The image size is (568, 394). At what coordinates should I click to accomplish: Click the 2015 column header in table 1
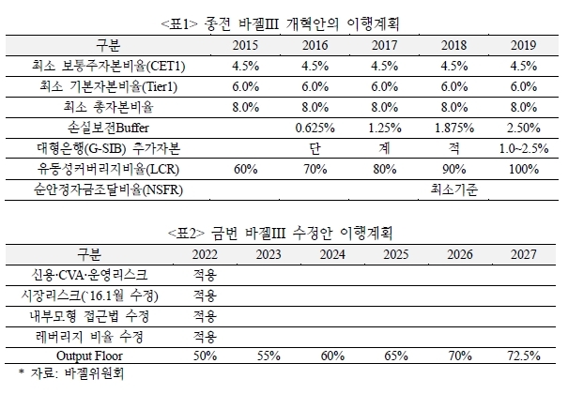(x=245, y=45)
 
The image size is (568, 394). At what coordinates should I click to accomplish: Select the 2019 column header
(x=524, y=45)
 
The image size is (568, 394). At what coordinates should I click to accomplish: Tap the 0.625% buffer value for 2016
(x=315, y=129)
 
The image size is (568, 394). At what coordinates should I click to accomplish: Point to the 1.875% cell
(x=454, y=129)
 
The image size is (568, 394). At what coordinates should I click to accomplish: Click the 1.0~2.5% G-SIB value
(x=524, y=149)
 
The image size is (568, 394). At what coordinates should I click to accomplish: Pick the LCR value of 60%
(x=245, y=169)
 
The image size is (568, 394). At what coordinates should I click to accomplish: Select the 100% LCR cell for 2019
(x=524, y=169)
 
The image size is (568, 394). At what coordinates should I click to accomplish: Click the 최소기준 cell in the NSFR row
(x=454, y=189)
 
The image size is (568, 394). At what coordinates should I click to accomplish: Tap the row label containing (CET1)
(x=108, y=67)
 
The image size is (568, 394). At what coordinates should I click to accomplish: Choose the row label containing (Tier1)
(x=108, y=87)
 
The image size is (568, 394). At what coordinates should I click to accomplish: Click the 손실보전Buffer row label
(x=108, y=128)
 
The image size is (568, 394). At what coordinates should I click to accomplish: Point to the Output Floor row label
(x=89, y=356)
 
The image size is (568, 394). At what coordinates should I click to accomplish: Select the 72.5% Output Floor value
(x=524, y=356)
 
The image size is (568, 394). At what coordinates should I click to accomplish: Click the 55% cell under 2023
(x=269, y=356)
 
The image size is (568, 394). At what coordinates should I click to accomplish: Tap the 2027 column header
(x=524, y=255)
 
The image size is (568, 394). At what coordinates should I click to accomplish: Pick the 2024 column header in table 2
(x=332, y=255)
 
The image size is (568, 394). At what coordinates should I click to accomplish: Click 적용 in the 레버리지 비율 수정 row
(x=205, y=337)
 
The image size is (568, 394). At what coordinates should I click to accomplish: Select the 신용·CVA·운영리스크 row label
(x=89, y=275)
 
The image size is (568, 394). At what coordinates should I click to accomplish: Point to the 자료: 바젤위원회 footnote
(x=71, y=373)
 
